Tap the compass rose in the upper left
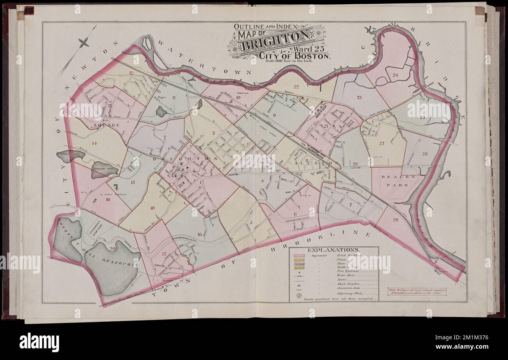click(83, 42)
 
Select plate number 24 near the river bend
click(395, 75)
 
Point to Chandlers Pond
click(102, 170)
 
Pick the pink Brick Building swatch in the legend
click(299, 256)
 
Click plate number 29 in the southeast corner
click(395, 220)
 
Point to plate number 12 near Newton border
click(131, 73)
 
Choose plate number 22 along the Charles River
click(296, 87)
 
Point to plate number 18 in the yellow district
click(152, 208)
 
